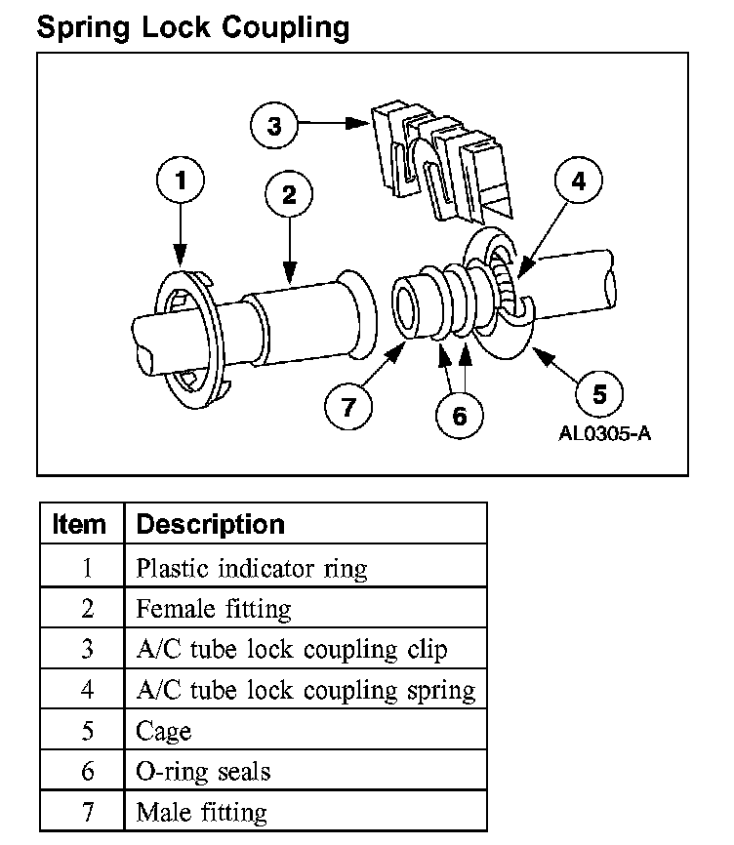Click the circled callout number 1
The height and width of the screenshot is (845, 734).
coord(181,181)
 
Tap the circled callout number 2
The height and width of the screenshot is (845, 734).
coord(289,194)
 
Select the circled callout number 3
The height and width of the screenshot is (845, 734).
coord(274,125)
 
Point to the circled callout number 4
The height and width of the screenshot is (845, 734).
coord(578,181)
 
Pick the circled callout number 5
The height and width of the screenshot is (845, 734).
coord(599,394)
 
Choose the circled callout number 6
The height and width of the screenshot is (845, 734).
coord(459,415)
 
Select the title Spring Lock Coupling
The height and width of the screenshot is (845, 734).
coord(192,27)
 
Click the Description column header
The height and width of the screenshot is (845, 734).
coord(210,524)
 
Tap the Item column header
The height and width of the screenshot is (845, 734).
coord(79,524)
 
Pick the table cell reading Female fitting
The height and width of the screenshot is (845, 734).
coord(214,609)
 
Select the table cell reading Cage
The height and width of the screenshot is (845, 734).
coord(164,730)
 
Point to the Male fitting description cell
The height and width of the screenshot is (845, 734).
coord(201,811)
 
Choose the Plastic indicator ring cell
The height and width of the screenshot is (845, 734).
coord(252,568)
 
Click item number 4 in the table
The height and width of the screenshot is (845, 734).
coord(87,690)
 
